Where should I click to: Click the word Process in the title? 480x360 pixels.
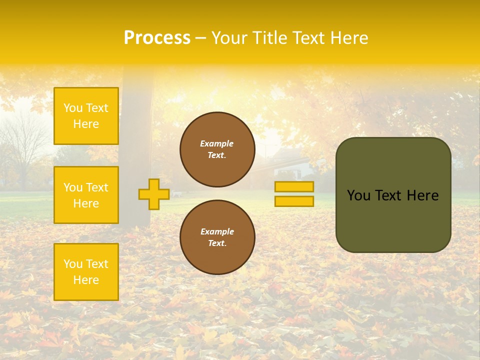pyautogui.click(x=157, y=38)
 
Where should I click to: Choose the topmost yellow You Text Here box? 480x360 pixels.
pyautogui.click(x=86, y=116)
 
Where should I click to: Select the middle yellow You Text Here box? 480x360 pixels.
pyautogui.click(x=86, y=195)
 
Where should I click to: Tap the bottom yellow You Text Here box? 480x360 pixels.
pyautogui.click(x=86, y=272)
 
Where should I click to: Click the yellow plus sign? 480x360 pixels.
pyautogui.click(x=154, y=194)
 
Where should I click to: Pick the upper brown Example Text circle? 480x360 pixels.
pyautogui.click(x=217, y=149)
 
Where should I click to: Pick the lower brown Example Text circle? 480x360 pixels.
pyautogui.click(x=217, y=237)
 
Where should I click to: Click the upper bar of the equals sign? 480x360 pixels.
pyautogui.click(x=294, y=187)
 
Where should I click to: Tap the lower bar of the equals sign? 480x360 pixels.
pyautogui.click(x=294, y=201)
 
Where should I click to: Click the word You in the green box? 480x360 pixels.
pyautogui.click(x=358, y=195)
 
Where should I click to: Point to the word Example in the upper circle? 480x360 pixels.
pyautogui.click(x=217, y=143)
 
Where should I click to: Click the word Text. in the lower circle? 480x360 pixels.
pyautogui.click(x=217, y=243)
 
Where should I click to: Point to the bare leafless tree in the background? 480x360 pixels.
pyautogui.click(x=22, y=145)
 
